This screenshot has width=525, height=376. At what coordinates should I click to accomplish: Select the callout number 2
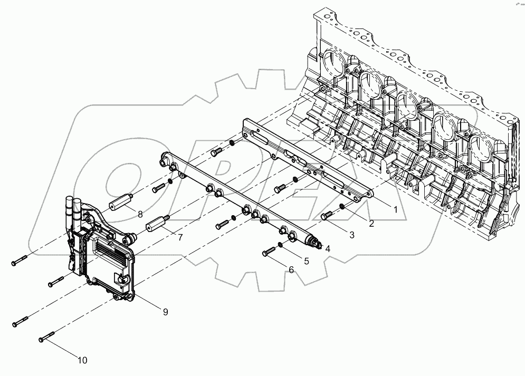(x=371, y=224)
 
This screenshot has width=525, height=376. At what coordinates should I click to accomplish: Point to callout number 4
(x=328, y=248)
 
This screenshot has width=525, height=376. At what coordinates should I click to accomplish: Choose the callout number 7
(x=180, y=238)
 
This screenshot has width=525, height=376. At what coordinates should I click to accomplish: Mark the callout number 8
(x=140, y=214)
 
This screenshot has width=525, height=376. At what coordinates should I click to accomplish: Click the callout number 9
(x=165, y=312)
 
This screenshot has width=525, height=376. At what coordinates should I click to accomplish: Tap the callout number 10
(x=82, y=361)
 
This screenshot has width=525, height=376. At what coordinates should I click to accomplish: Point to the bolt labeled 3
(x=328, y=214)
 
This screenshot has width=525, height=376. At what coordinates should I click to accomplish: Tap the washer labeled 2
(x=342, y=206)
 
